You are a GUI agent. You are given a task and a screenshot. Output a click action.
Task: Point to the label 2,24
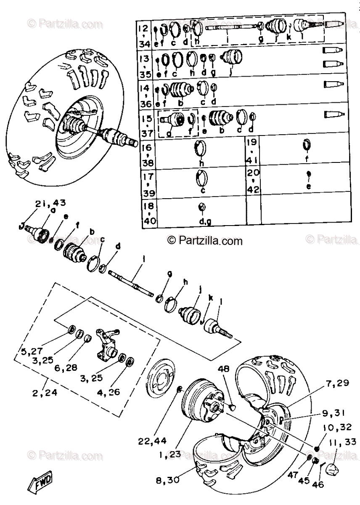click(x=44, y=394)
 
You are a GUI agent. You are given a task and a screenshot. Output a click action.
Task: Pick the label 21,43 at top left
click(x=50, y=203)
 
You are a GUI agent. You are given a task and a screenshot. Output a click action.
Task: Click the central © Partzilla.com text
click(x=205, y=241)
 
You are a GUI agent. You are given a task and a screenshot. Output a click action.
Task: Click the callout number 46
click(x=319, y=484)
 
